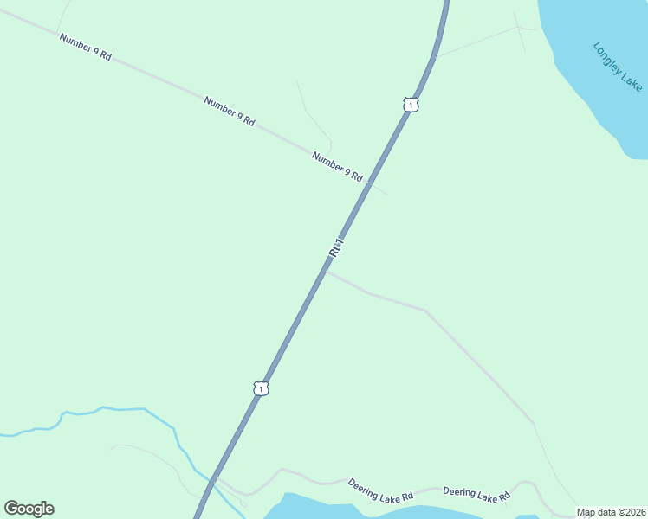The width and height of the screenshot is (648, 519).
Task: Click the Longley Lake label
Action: (x=618, y=67)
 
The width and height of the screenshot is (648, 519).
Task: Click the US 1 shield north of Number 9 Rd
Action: (x=411, y=105)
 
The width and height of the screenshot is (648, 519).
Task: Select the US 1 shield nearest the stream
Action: (x=261, y=388)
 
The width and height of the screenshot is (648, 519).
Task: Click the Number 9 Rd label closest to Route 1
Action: (x=337, y=166)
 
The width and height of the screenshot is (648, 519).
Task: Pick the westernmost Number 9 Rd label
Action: (x=86, y=47)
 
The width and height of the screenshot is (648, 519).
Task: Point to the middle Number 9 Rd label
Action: (x=230, y=112)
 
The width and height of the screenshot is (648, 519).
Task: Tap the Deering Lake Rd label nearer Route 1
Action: (x=381, y=490)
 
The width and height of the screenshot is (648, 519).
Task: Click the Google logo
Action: (x=29, y=509)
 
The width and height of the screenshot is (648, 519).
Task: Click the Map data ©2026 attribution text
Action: (x=611, y=512)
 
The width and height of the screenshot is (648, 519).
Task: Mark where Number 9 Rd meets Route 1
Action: (x=368, y=183)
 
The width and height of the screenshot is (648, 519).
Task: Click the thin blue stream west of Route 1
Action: (x=121, y=408)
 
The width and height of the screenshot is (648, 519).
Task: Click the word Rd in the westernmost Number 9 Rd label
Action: (x=105, y=55)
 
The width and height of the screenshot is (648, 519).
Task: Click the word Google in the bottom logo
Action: (x=29, y=509)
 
